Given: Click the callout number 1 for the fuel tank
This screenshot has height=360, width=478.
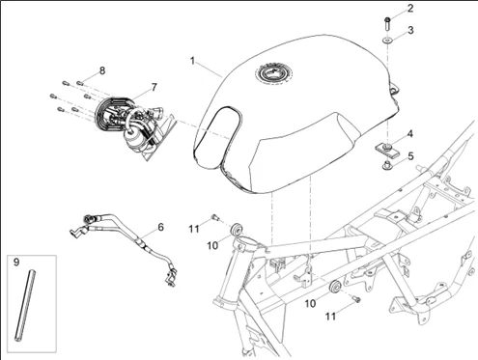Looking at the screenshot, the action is click(x=192, y=61).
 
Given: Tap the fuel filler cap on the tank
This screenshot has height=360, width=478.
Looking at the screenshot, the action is click(x=274, y=74).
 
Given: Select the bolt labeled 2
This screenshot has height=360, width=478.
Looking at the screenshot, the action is click(x=387, y=24).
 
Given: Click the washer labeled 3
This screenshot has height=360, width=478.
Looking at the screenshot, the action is click(x=387, y=41).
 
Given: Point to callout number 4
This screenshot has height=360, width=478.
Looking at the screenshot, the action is click(x=410, y=133).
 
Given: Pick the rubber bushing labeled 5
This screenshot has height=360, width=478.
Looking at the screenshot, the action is click(x=386, y=166).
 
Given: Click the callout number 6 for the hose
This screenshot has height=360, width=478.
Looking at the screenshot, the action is click(x=161, y=227).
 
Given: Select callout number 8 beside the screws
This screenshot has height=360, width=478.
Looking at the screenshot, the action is click(x=102, y=70).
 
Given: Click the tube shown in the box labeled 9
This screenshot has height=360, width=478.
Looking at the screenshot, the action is click(x=24, y=306).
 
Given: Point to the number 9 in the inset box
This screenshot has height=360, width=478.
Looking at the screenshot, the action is click(x=16, y=263).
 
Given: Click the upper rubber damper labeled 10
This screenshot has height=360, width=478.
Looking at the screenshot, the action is click(x=237, y=229).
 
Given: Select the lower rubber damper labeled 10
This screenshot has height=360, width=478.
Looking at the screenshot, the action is click(x=335, y=287).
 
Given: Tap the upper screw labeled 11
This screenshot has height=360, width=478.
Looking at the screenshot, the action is click(x=215, y=218).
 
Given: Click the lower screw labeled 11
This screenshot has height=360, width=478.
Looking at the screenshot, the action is click(x=356, y=299).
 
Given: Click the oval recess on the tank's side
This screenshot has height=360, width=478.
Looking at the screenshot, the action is click(x=219, y=138).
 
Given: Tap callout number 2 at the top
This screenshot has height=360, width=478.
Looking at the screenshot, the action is click(x=410, y=8).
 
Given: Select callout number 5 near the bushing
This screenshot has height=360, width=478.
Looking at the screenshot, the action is click(x=410, y=156).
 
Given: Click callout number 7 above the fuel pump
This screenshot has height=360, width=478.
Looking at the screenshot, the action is click(x=154, y=87).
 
